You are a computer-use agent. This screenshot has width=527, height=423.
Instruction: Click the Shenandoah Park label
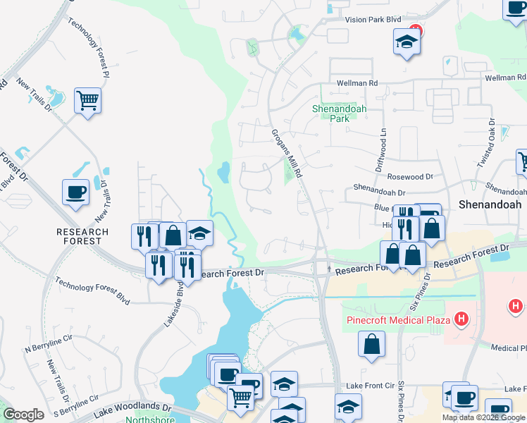point(331,114)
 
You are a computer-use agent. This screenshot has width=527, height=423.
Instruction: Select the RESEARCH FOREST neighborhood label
point(83,236)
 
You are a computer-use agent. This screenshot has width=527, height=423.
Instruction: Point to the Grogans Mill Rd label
point(287,153)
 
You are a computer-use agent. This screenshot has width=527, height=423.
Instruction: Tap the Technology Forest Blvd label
point(92,290)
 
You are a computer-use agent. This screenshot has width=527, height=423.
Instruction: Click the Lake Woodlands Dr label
point(130,407)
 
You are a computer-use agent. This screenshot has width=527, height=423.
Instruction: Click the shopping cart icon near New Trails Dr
point(88,101)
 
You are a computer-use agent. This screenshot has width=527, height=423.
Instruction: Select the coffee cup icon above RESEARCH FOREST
point(76,193)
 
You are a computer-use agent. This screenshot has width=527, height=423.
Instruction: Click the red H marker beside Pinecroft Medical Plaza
point(461,320)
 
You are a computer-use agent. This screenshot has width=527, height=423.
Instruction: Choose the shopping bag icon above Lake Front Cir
point(371,345)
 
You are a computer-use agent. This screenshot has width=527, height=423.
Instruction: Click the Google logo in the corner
point(23,415)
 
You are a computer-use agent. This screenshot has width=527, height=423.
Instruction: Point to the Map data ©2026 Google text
point(485,417)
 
